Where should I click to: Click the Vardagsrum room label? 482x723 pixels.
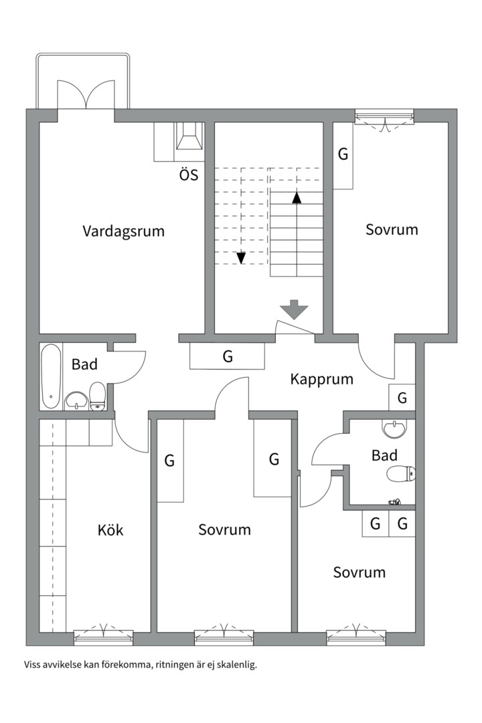click(124, 231)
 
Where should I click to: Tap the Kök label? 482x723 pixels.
click(110, 530)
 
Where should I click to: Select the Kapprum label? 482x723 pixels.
click(321, 380)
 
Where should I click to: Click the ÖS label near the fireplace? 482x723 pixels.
click(189, 174)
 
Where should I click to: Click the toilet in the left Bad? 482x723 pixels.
click(97, 396)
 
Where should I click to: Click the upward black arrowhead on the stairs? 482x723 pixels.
click(297, 197)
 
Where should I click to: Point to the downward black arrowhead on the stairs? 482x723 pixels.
click(241, 258)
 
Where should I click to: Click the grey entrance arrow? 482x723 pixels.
click(295, 309)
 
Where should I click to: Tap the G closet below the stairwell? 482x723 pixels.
click(228, 356)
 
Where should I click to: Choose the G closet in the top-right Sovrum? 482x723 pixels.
click(343, 155)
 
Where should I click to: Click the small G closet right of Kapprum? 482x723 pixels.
click(402, 398)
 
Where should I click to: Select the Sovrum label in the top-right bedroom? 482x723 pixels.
click(392, 230)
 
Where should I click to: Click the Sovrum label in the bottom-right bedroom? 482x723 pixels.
click(359, 572)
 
